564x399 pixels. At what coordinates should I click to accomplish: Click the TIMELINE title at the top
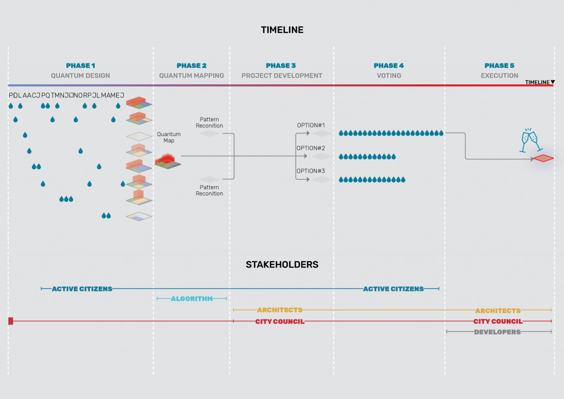tap(282, 30)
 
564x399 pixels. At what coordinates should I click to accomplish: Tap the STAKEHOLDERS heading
tap(282, 265)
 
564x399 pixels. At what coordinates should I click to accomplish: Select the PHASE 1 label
tap(80, 66)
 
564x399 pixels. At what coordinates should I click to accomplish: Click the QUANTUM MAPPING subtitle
tap(192, 76)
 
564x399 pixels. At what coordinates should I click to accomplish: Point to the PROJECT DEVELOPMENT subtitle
tap(281, 76)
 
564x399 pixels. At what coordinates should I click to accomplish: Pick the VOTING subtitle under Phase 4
tap(389, 76)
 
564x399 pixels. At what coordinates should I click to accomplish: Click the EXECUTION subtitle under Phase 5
tap(500, 76)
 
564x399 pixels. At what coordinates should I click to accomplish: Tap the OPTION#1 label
tap(311, 125)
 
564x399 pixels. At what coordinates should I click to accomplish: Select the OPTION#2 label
tap(311, 148)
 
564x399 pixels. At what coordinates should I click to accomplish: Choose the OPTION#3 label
tap(311, 171)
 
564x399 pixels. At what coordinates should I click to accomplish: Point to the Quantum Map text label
tap(169, 137)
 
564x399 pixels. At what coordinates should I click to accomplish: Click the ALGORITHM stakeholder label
tap(192, 299)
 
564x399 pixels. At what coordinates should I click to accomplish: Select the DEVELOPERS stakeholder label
tap(497, 332)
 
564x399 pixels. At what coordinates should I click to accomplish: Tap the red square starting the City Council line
tap(10, 321)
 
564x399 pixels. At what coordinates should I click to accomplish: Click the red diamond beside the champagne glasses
tap(543, 159)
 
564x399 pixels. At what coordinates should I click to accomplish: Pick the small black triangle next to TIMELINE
tap(552, 83)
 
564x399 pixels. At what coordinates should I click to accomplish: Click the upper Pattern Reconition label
tap(209, 122)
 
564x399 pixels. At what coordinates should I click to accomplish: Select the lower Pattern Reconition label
tap(209, 190)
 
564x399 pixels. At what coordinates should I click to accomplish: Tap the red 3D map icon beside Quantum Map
tap(167, 161)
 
